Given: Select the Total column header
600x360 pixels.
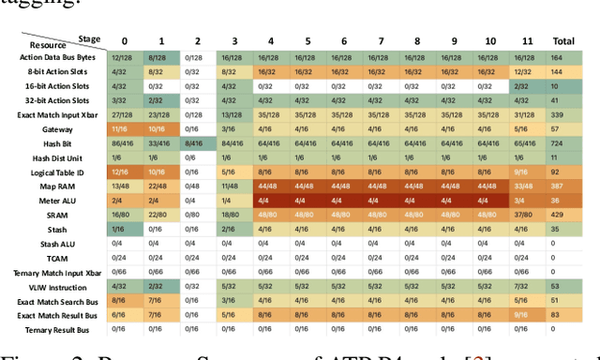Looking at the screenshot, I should coord(562,41).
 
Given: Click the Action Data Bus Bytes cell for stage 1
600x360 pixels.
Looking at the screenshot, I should coord(157,57).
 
